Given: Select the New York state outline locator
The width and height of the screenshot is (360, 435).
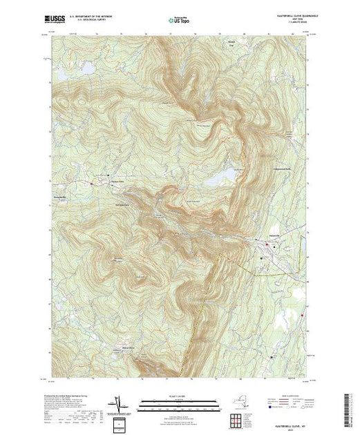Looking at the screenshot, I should pyautogui.click(x=241, y=400).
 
